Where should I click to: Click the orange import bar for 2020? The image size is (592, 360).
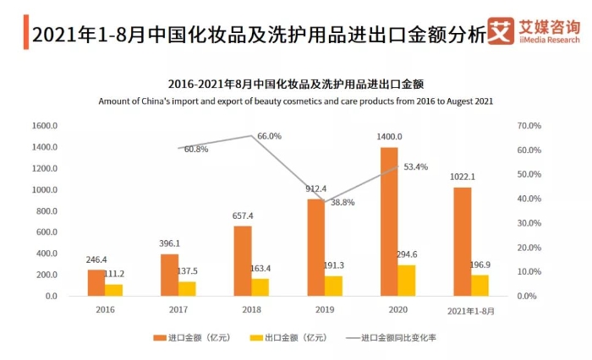pos(389,221)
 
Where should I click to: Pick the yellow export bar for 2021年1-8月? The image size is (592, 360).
pos(480,285)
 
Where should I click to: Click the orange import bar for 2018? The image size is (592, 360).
pos(242,260)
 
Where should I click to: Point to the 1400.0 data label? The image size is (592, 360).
pos(389,137)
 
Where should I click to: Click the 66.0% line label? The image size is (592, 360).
pos(269,136)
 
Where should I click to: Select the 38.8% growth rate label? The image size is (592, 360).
pos(343,203)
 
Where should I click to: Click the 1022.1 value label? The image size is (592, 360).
pos(463,177)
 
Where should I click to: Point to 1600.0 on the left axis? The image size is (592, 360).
pos(44,126)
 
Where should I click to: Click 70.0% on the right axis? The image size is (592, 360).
pos(529,126)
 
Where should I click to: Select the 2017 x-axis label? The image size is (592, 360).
pos(178,309)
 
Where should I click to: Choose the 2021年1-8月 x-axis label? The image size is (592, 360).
pos(470,309)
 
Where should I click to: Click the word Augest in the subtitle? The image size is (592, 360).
pos(444,101)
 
